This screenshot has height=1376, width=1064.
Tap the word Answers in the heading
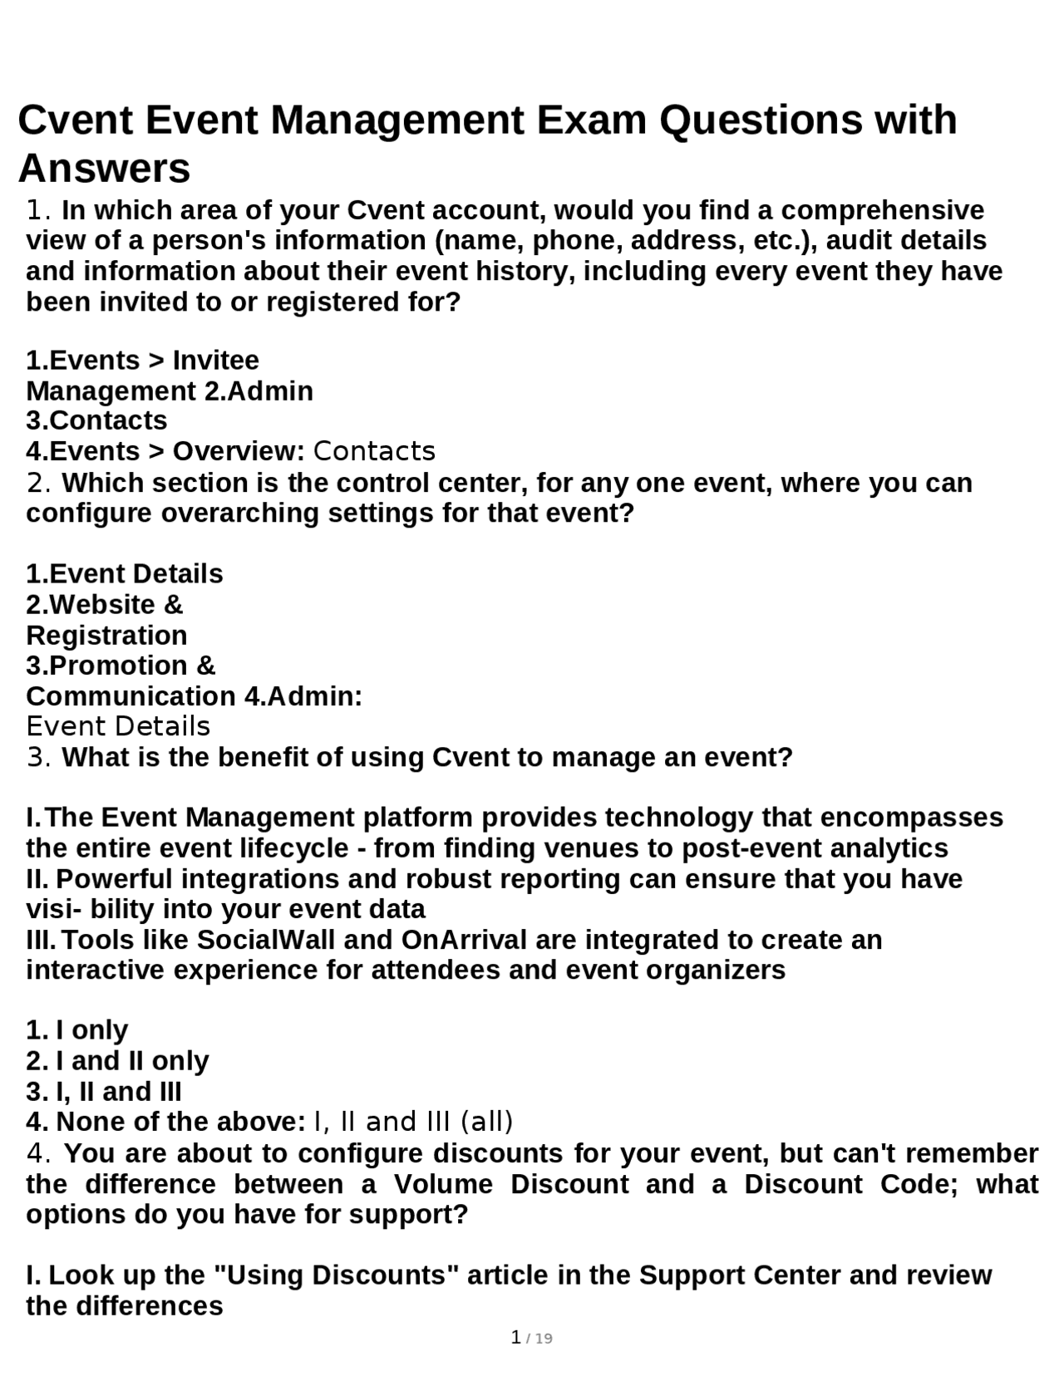click(x=104, y=169)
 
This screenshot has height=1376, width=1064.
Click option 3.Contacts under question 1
click(x=96, y=420)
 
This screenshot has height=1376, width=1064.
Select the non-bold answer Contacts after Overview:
click(x=374, y=451)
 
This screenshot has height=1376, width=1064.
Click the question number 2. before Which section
click(x=40, y=483)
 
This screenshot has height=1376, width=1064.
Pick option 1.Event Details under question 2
click(x=125, y=574)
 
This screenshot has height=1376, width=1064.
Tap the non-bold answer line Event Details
click(x=118, y=726)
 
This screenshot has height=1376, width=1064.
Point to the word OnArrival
click(x=464, y=940)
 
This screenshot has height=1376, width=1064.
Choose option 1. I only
click(x=77, y=1030)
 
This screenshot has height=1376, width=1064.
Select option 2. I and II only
click(x=117, y=1061)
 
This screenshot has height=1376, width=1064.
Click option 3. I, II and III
click(x=104, y=1092)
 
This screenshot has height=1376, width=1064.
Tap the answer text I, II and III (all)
click(x=413, y=1122)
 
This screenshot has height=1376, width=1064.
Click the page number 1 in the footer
click(x=516, y=1337)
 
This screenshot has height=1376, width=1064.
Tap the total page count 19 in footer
click(x=544, y=1339)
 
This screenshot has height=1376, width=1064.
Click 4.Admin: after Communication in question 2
click(x=303, y=696)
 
